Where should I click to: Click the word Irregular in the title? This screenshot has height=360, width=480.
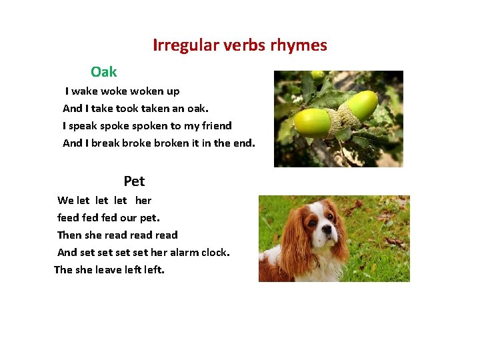pos(187,45)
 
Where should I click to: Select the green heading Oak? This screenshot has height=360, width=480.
pos(104,72)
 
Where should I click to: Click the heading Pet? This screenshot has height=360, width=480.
pos(134,181)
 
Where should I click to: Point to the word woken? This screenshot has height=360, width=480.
pos(147,91)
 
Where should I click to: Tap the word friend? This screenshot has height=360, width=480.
pos(215,126)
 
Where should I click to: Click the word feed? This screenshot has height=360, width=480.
pos(68,218)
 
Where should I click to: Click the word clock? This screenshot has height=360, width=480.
pos(215,253)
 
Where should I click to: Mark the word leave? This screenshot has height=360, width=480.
pos(109,270)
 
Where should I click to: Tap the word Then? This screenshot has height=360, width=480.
pos(69,235)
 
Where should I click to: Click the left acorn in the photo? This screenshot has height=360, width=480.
pos(312,123)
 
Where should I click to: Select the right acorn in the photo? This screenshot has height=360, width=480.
pos(361,105)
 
